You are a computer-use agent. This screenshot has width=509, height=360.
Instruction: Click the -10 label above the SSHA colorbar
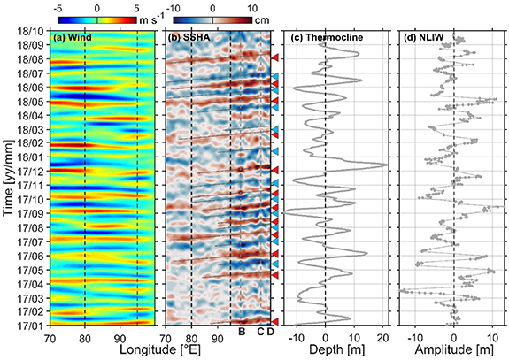177,6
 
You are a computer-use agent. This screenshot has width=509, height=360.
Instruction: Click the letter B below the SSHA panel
241,332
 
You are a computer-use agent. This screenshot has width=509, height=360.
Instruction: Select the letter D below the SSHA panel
270,332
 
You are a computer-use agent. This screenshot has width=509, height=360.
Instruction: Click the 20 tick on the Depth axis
384,337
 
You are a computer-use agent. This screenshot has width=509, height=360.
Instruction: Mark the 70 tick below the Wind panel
50,337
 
